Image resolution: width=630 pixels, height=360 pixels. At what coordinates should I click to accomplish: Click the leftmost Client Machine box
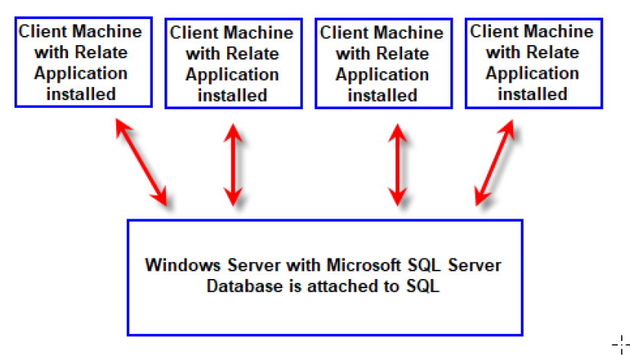pyautogui.click(x=80, y=63)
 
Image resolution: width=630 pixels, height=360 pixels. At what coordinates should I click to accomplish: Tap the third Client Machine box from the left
pyautogui.click(x=382, y=64)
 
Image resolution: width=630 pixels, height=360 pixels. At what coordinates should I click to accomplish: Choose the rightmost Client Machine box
pyautogui.click(x=531, y=63)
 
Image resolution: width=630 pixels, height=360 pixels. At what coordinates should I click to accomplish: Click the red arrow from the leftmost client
pyautogui.click(x=141, y=163)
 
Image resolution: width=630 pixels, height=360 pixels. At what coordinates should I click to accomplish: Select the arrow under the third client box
pyautogui.click(x=397, y=165)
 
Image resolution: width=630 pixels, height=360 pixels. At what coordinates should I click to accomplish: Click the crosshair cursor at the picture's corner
pyautogui.click(x=621, y=344)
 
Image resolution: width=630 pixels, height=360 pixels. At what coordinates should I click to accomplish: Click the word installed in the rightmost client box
pyautogui.click(x=531, y=95)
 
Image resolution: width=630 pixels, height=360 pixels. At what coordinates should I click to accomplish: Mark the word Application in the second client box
pyautogui.click(x=232, y=75)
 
